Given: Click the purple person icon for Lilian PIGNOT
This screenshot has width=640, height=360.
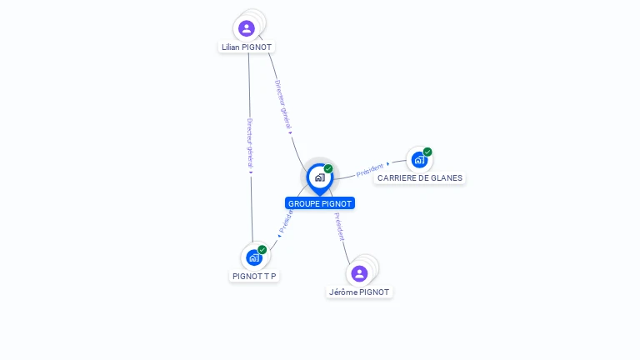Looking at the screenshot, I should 247,28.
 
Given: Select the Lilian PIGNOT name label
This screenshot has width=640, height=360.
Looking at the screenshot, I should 247,47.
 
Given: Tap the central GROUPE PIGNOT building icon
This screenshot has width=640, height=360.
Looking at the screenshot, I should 319,177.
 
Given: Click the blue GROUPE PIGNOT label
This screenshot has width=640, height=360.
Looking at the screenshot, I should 320,203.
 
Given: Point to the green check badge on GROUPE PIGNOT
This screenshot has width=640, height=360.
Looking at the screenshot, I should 328,169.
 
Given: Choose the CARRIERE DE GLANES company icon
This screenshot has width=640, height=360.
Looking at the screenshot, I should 419,159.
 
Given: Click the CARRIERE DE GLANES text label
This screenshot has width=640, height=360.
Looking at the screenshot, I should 420,177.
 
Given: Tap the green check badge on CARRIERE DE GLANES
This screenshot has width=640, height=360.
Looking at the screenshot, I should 427,152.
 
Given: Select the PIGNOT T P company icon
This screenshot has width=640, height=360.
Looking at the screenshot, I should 254,257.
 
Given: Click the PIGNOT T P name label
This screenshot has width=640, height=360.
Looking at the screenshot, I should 254,276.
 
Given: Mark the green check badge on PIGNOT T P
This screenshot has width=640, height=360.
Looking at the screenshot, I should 262,250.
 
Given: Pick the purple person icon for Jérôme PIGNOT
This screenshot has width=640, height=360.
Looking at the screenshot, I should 359,273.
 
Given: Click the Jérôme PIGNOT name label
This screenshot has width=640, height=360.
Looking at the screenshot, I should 359,292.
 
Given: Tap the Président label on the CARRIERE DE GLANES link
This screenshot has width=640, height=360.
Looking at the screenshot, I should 369,170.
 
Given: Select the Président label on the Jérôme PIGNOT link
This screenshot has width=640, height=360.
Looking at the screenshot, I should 339,227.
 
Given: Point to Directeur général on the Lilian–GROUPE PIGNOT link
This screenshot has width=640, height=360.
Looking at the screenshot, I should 282,104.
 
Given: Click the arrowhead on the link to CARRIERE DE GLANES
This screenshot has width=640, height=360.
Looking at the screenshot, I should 388,163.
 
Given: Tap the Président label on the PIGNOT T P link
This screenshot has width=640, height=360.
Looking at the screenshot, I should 286,221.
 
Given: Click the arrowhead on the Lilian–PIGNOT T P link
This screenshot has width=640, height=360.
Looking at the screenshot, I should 251,172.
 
